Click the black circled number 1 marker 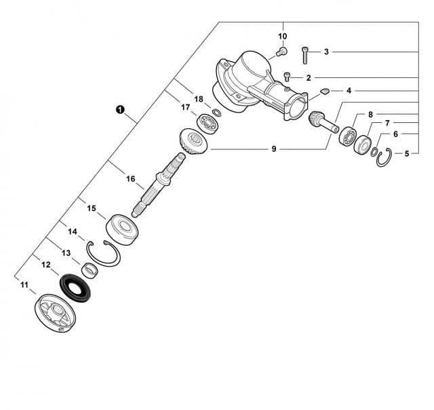(x=120, y=109)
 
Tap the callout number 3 (x=326, y=52)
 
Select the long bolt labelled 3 (x=304, y=56)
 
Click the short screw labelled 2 (x=287, y=77)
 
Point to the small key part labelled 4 (x=325, y=91)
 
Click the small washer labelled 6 (x=374, y=152)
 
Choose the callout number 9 (x=274, y=149)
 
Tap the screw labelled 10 (x=282, y=52)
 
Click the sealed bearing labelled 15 (x=122, y=229)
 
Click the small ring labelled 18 (x=217, y=113)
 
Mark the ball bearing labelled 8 (x=347, y=136)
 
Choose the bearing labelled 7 (x=363, y=145)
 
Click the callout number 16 (x=131, y=179)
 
